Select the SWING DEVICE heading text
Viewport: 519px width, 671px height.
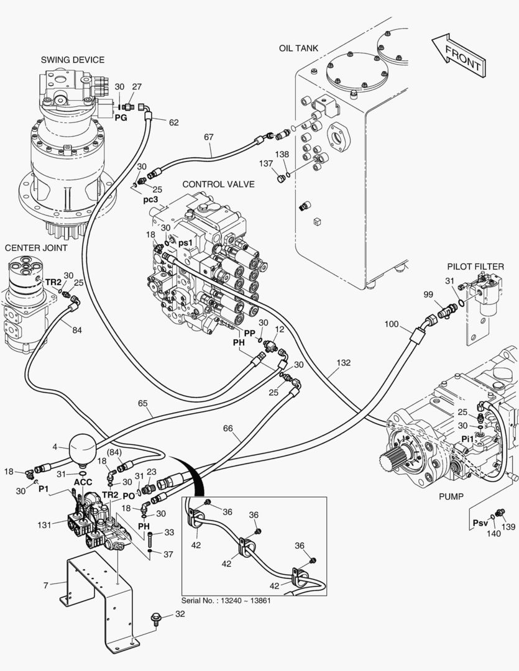pyautogui.click(x=73, y=60)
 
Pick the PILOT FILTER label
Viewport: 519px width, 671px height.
pyautogui.click(x=475, y=267)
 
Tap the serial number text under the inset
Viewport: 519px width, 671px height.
pyautogui.click(x=226, y=600)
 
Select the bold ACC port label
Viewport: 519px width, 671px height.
pyautogui.click(x=83, y=482)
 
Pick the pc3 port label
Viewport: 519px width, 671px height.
pyautogui.click(x=151, y=200)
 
